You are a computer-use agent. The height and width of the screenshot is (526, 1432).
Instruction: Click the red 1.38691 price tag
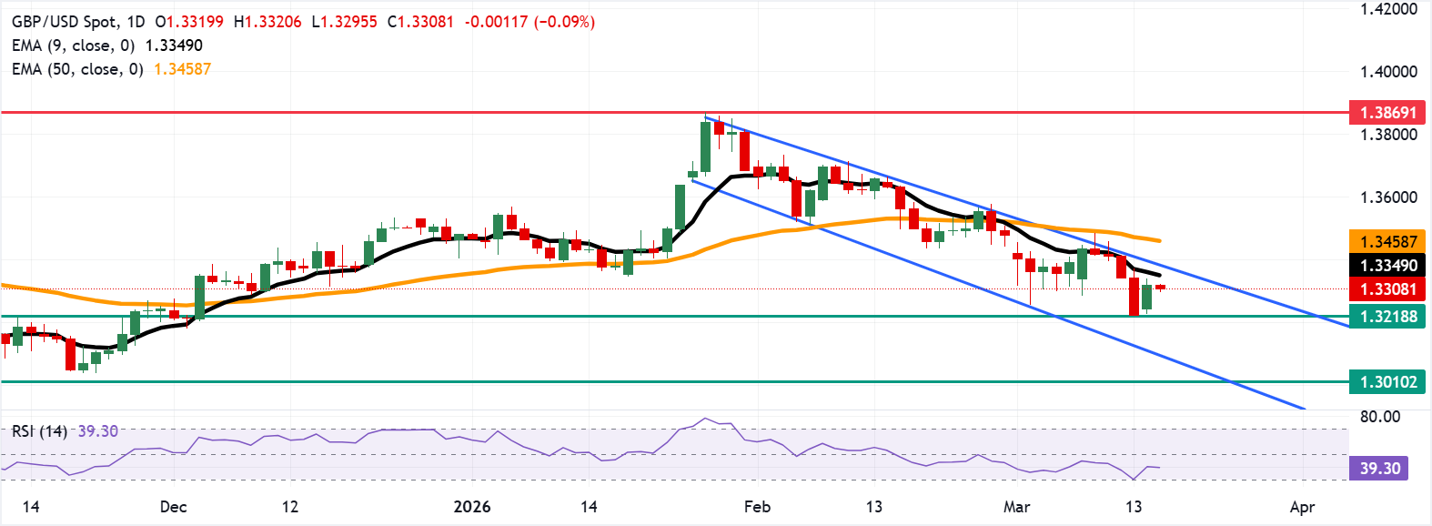click(x=1387, y=113)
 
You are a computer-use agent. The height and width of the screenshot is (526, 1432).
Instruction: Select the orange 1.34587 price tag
click(x=1387, y=241)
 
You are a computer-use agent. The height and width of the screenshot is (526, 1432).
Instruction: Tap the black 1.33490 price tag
click(x=1387, y=266)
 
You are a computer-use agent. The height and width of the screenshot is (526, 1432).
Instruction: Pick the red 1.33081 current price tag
click(x=1387, y=289)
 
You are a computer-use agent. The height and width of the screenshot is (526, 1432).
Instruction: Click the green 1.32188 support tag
click(x=1387, y=317)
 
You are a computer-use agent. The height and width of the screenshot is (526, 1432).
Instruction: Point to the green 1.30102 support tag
click(x=1387, y=382)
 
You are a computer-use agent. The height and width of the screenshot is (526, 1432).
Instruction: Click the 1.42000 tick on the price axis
click(x=1388, y=9)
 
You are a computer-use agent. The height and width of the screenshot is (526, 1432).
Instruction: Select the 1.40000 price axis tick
click(x=1388, y=72)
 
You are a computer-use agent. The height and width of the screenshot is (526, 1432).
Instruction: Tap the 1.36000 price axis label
click(x=1388, y=197)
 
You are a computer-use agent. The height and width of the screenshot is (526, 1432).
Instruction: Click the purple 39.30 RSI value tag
click(x=1379, y=469)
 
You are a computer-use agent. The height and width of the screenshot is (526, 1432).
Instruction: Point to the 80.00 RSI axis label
click(x=1379, y=417)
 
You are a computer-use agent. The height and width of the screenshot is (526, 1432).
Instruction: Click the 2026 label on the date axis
click(x=472, y=507)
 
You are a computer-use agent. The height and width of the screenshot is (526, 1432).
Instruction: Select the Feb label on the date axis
click(x=757, y=507)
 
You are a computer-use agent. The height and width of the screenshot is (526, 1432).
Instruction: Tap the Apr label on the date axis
click(x=1302, y=507)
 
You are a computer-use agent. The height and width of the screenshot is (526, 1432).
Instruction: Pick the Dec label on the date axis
click(x=173, y=507)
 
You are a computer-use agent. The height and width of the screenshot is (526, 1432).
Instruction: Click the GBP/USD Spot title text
click(x=66, y=21)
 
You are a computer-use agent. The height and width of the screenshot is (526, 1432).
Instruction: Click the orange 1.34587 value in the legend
click(x=182, y=69)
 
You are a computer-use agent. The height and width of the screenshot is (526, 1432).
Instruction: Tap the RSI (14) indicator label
click(x=39, y=430)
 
